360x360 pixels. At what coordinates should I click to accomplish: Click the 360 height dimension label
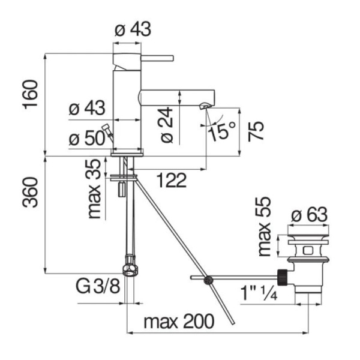tap(31, 192)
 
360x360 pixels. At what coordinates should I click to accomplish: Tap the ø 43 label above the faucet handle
tap(133, 29)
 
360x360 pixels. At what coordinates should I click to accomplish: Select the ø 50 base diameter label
tap(87, 139)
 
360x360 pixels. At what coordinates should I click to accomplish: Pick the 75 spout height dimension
tap(256, 131)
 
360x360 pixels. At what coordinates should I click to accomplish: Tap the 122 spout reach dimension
tap(172, 180)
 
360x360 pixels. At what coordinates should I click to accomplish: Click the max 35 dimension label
tap(95, 189)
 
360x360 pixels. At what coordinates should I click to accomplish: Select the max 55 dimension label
tap(265, 226)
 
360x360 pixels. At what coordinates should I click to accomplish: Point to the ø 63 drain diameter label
tap(309, 214)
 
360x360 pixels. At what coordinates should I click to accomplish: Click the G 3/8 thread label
tap(98, 286)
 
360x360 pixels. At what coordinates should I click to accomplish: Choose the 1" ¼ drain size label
tap(259, 293)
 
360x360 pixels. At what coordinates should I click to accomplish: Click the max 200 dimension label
tap(179, 321)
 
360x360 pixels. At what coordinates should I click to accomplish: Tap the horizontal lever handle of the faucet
tap(157, 58)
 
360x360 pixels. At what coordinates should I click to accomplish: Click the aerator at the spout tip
tap(205, 106)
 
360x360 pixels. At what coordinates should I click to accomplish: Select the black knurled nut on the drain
tap(283, 277)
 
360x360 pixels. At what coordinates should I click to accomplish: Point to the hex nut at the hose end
tap(130, 270)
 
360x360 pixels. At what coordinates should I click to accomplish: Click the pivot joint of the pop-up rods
tap(208, 280)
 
